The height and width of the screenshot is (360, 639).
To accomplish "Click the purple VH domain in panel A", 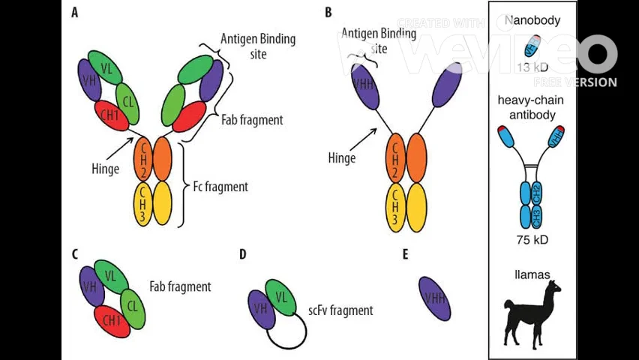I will pos(90,79).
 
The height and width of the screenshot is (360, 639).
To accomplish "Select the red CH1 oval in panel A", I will pos(111,115).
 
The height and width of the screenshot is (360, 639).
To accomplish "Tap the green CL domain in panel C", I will pos(132,307).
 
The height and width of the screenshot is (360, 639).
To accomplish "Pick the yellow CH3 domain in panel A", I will pos(142,203).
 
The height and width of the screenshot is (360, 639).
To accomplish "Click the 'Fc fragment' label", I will pos(220,186).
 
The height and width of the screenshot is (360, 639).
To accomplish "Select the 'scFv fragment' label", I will pos(340,310).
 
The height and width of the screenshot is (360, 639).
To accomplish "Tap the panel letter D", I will pos(242,255).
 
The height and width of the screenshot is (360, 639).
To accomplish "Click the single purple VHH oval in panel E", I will pos(435,298).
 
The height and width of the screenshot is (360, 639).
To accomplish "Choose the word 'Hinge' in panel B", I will pos(342,157).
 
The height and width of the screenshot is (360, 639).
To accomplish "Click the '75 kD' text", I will pos(532,240).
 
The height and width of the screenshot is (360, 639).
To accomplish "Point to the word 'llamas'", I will pos(532,274).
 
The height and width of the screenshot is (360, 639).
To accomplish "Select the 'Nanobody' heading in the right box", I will pos(532,20).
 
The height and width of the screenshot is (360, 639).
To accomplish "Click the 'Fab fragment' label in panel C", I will pos(180,286).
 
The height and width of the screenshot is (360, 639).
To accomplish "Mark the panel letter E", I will pos(405,255).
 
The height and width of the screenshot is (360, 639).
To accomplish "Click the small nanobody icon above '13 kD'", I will pos(531,46).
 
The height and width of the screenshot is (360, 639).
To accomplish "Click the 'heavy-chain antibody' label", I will pos(532,107).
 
